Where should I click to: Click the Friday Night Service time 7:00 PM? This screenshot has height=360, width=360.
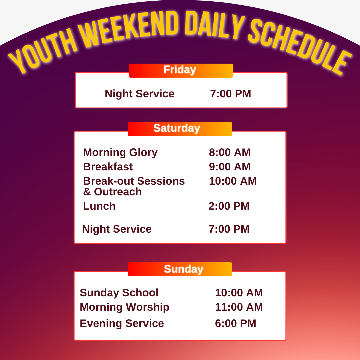point(231,94)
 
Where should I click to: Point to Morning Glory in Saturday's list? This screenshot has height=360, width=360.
point(120,153)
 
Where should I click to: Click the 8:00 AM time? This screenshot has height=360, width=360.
point(230,152)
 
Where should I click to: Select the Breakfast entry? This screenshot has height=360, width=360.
point(108,167)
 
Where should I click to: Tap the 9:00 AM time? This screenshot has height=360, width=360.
point(230,167)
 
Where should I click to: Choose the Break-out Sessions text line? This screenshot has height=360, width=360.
point(134,181)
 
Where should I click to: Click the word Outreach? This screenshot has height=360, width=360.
point(118,192)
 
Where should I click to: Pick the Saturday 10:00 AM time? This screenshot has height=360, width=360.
point(233,181)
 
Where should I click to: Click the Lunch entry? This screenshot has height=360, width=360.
point(99,206)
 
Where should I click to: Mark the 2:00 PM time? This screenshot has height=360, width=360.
point(229,206)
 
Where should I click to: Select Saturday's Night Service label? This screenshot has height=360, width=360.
point(117,229)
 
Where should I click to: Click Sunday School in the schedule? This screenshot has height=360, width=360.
point(119,293)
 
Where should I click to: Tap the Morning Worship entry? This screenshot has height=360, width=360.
point(124,307)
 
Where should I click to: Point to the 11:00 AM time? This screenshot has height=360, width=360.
point(239,307)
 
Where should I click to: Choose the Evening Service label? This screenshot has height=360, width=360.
point(122,323)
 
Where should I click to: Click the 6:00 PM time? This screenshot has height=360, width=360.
point(236,323)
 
